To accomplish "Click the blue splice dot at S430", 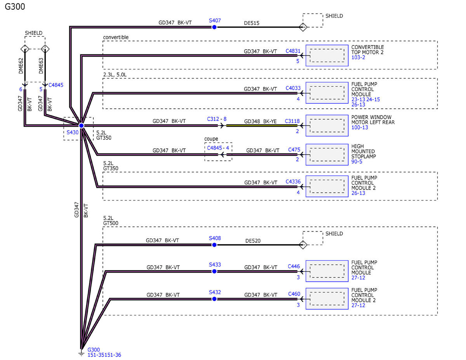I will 81,125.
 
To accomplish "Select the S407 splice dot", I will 214,27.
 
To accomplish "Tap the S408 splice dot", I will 214,245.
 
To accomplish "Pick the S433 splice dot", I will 214,271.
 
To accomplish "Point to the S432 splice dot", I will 214,299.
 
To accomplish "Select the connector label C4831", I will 293,50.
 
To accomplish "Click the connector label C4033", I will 293,88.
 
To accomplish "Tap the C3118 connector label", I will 292,121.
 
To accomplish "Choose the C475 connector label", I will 294,150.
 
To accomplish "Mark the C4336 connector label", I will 293,181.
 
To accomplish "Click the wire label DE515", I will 252,23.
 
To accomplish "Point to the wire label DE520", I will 253,241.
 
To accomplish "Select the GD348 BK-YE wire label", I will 260,121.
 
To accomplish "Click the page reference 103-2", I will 359,57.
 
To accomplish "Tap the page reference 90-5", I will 357,161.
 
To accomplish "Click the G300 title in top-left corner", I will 15,7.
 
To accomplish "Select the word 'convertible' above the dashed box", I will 116,37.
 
